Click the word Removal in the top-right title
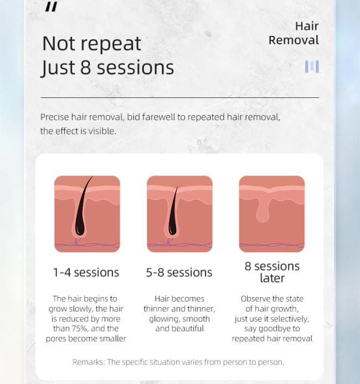tap(294, 40)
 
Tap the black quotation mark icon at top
tap(51, 7)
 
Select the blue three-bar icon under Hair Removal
tap(312, 66)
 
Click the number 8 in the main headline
tap(85, 68)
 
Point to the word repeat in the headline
tap(111, 44)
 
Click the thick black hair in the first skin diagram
tap(83, 208)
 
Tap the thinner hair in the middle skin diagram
tap(173, 213)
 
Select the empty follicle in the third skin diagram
tap(263, 210)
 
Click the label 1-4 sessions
tap(86, 273)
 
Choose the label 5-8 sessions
tap(179, 273)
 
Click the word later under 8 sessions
tap(272, 278)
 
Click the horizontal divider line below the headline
tap(180, 98)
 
